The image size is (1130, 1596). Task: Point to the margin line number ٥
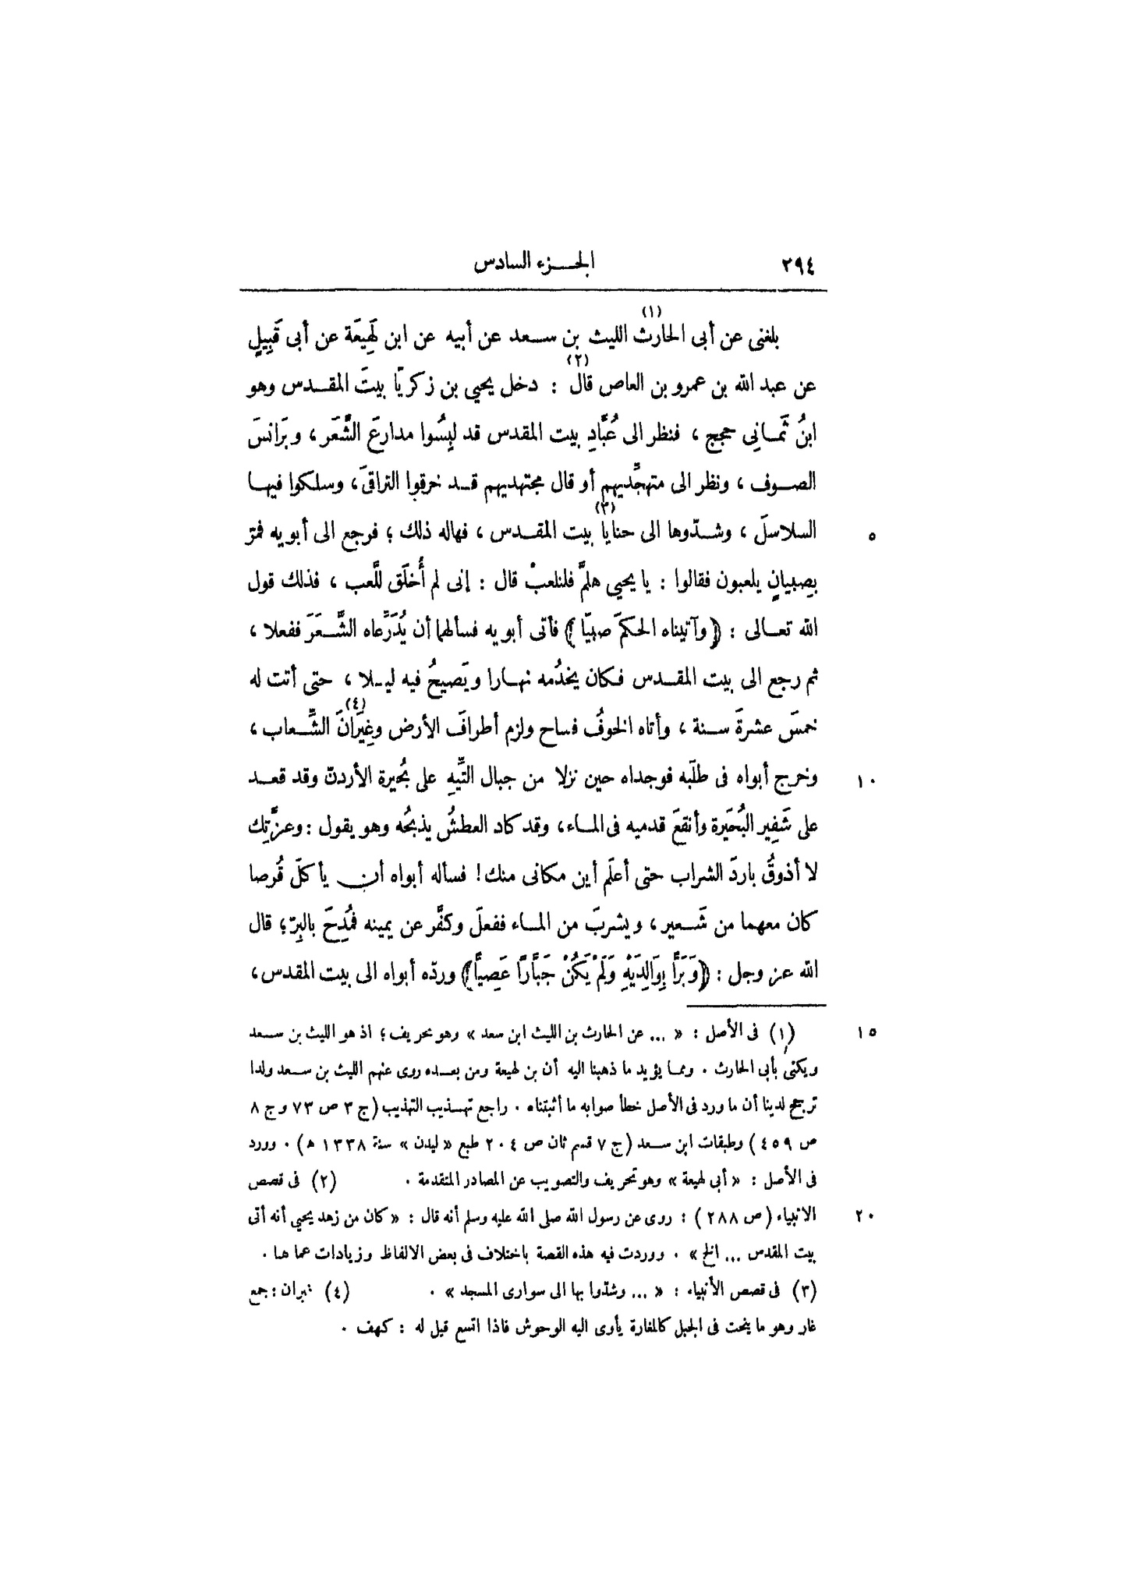point(871,536)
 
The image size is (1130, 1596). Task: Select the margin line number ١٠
point(867,780)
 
